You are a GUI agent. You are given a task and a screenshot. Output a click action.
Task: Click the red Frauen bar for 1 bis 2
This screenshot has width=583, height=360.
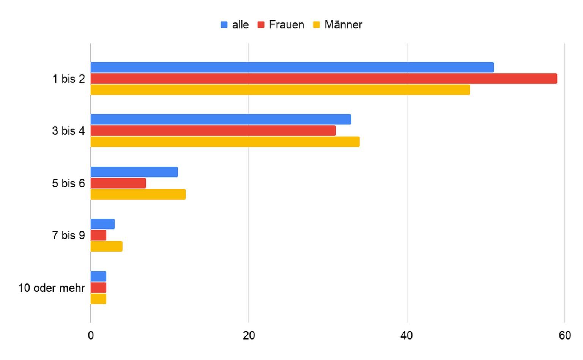pos(324,79)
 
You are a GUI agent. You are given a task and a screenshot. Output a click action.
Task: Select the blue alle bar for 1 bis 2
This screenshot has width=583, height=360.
pos(292,67)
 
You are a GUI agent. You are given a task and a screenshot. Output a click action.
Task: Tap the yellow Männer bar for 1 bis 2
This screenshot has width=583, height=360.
pos(280,90)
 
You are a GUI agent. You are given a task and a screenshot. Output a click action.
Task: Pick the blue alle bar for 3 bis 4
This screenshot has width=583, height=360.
pos(221,119)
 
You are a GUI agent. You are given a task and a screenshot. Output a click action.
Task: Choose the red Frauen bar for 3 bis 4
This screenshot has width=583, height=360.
pos(213,130)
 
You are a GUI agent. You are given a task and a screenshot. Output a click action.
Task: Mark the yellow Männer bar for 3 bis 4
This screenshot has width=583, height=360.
pos(225,142)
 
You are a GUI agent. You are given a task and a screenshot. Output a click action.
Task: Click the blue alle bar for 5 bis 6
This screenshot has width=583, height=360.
pos(134,172)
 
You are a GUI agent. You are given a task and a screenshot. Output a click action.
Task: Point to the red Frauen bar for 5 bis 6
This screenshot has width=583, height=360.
pos(118,183)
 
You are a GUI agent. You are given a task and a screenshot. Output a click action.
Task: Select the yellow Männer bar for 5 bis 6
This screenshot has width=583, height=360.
pos(138,194)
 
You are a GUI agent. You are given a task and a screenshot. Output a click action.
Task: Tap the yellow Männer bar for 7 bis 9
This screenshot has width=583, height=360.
pos(107,247)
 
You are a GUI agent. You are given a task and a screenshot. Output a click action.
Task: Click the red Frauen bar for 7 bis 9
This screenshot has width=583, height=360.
pos(99,235)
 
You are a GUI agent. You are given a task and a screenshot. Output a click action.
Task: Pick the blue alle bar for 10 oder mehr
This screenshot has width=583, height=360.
pos(99,277)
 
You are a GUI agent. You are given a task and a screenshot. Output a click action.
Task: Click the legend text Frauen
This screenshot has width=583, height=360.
pos(287,25)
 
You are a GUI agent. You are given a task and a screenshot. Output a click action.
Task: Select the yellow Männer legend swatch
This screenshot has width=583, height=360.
pos(316,25)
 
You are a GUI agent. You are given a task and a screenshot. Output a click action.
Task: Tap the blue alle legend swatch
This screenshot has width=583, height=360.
pos(224,25)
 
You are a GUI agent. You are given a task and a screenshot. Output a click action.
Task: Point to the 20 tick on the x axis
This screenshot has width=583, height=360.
pos(249,336)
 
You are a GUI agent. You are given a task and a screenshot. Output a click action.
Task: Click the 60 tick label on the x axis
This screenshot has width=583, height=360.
pos(565,336)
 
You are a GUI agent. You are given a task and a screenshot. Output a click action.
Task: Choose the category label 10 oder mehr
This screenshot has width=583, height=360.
pos(52,288)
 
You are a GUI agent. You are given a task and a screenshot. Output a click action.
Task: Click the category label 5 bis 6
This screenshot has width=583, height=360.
pos(68,184)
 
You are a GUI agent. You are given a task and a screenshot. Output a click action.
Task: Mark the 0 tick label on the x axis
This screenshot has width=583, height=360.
pos(91,336)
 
